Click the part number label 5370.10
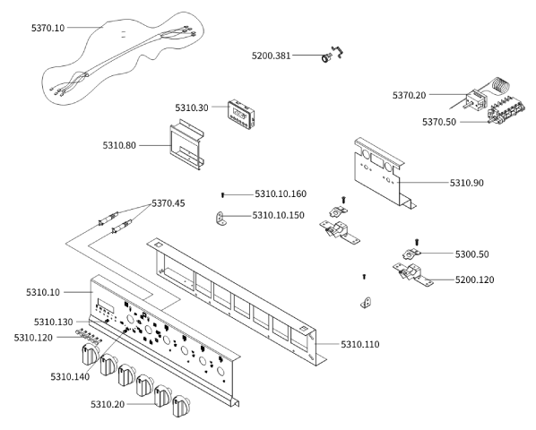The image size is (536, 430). pos(48,28)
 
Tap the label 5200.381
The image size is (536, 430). pos(271,56)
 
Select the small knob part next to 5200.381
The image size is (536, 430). pos(326,57)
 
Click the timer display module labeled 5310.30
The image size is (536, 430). pos(242,115)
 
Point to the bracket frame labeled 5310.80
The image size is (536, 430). pos(186,144)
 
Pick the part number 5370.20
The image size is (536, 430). pos(410,95)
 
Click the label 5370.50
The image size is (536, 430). pos(439,122)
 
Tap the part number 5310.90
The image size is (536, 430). pos(467,183)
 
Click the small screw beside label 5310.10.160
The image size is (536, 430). pos(222,195)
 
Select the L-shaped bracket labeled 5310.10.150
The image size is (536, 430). pos(220,219)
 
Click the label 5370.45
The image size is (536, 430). pos(169,203)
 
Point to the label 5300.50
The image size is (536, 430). pos(471,254)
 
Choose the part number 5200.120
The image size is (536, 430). pos(474,280)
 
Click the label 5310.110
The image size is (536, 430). pos(360,344)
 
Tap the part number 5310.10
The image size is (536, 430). pos(43,293)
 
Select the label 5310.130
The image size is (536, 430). pos(53,322)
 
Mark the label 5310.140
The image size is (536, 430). pos(70,377)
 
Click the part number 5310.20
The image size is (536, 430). pos(108,405)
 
